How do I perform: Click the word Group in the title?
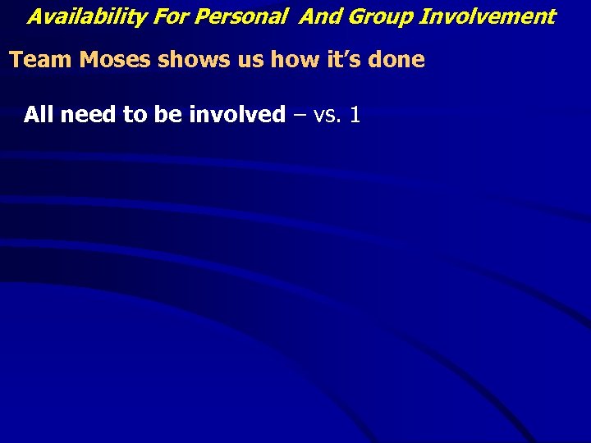coord(377,16)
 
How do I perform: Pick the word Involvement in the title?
coord(488,16)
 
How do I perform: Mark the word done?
coord(393,60)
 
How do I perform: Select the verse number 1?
coord(355,114)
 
